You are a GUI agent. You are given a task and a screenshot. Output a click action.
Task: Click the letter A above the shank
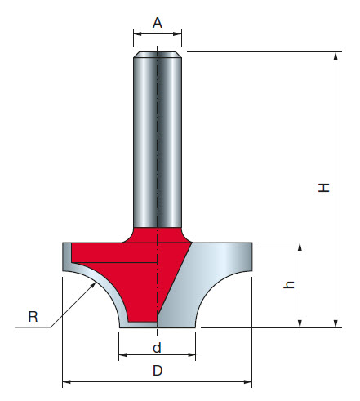(x=158, y=23)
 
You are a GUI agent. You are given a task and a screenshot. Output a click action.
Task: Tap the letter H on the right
(x=325, y=188)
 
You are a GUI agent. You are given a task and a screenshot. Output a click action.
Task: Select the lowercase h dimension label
(x=288, y=286)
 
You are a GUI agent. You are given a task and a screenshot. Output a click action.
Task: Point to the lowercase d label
(x=157, y=347)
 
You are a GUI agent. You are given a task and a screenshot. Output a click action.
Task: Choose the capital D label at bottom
(x=158, y=372)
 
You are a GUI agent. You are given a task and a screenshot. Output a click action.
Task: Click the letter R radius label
(x=33, y=317)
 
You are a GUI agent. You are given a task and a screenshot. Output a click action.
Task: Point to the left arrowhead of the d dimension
(x=123, y=356)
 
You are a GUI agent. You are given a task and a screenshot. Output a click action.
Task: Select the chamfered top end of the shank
(x=158, y=56)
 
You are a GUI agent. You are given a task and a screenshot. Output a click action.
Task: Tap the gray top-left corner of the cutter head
(x=67, y=253)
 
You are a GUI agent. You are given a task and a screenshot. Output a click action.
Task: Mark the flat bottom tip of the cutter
(x=158, y=326)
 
